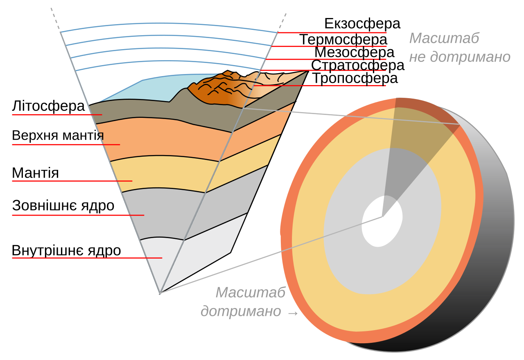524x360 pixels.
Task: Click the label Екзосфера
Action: [362, 24]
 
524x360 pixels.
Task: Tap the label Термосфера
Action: [343, 40]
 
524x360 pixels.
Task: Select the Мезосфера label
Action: [354, 52]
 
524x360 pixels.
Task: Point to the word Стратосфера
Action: [357, 65]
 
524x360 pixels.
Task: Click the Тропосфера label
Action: [355, 78]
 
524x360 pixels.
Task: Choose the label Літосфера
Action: [48, 106]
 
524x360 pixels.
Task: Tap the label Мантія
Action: [35, 173]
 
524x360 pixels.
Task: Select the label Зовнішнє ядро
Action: [63, 206]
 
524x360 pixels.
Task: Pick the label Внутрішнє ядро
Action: [66, 251]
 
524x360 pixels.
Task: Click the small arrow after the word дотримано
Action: [293, 313]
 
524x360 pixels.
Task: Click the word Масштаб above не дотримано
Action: [444, 38]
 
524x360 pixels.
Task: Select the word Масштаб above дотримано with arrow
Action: [251, 292]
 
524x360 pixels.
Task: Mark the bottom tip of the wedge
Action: [160, 293]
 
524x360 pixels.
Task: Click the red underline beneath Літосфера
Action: [57, 115]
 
